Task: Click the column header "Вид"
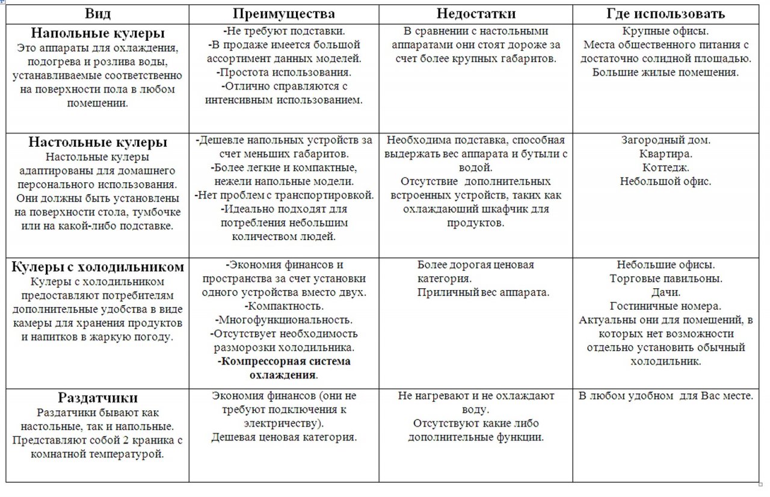click(97, 14)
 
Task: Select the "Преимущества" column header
click(284, 14)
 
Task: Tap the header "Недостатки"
click(476, 14)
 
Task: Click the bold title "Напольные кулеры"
click(98, 33)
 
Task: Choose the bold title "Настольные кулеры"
click(98, 143)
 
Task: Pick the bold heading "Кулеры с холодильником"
click(98, 267)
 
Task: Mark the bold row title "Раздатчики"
click(98, 398)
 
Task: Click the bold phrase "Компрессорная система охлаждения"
click(284, 368)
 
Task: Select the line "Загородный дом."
click(665, 140)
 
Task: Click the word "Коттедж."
click(665, 167)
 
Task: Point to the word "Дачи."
click(665, 292)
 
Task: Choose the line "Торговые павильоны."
click(665, 279)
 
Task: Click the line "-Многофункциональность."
click(285, 320)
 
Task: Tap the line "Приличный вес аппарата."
click(483, 292)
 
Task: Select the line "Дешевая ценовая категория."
click(284, 437)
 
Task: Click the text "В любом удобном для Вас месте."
click(665, 396)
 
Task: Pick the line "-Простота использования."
click(284, 72)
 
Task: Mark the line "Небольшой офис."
click(665, 181)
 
